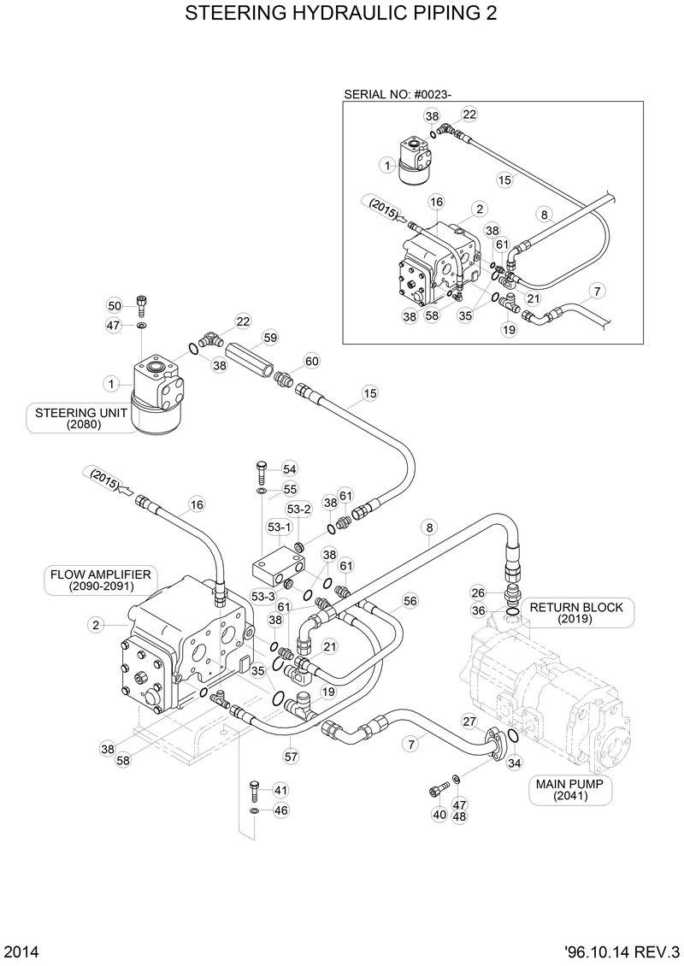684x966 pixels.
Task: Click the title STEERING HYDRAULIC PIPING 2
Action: (x=341, y=15)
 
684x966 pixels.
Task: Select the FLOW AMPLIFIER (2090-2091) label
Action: (x=100, y=580)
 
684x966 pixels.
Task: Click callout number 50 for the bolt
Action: (x=115, y=305)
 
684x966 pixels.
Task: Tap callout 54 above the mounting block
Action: (x=289, y=469)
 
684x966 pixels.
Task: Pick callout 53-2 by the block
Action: (x=298, y=509)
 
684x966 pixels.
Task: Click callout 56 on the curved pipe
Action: (x=410, y=601)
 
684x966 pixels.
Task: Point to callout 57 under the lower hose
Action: (x=291, y=757)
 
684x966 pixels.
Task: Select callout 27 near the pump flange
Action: (x=469, y=722)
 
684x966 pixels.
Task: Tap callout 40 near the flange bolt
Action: (x=439, y=815)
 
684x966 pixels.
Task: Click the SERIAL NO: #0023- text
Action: (x=398, y=93)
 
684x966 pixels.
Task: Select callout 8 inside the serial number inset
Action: (x=541, y=214)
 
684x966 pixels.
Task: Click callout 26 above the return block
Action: (x=478, y=592)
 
